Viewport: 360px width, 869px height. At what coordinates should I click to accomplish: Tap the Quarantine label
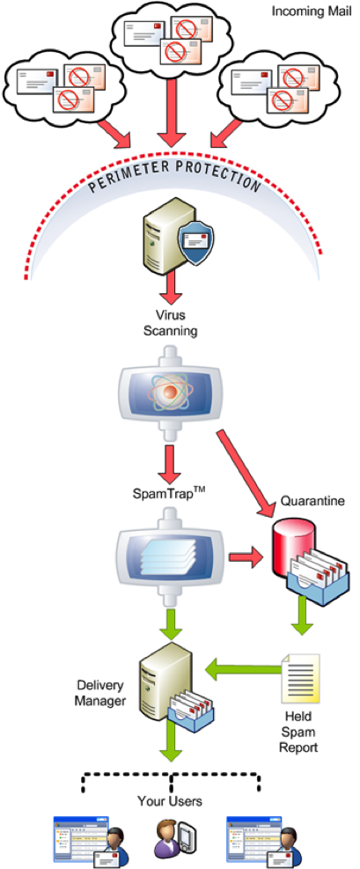click(x=312, y=501)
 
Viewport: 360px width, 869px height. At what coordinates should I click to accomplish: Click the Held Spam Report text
click(x=299, y=735)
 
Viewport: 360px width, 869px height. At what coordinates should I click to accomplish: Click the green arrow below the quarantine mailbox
click(x=302, y=616)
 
